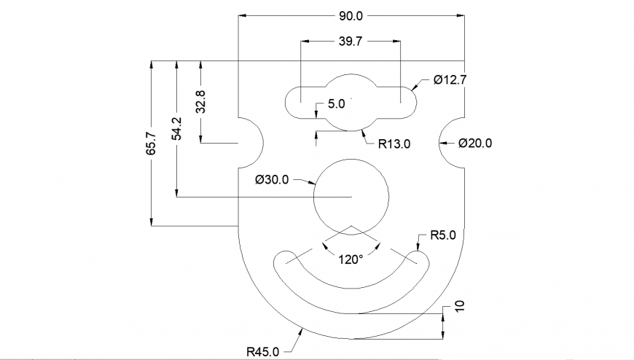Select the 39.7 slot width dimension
pos(351,42)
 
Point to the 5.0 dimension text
pos(336,104)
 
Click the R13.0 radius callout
pos(394,144)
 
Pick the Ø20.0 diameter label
pos(475,144)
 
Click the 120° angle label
pos(351,259)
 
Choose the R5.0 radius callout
pos(442,235)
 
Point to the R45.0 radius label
pos(262,352)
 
